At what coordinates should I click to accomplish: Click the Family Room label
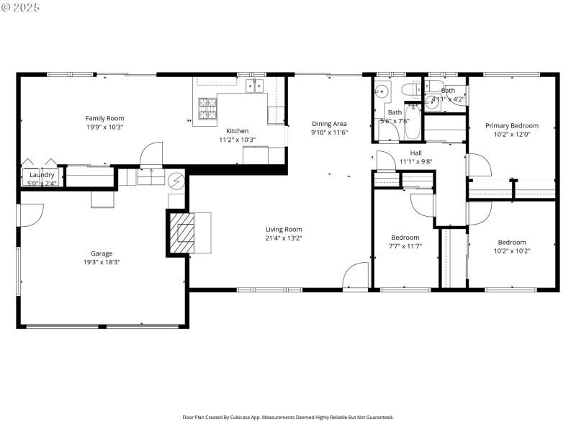[104, 118]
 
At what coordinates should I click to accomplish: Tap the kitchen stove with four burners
[207, 109]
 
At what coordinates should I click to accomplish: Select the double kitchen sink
[254, 86]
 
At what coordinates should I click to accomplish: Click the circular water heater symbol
[176, 179]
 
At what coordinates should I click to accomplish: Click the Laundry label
[42, 174]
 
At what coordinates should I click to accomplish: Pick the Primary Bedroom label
[511, 125]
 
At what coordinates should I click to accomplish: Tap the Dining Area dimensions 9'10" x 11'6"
[329, 132]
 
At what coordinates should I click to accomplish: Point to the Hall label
[416, 153]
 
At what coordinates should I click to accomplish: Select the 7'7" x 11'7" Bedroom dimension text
[405, 246]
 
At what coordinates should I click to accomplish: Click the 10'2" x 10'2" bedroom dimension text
[512, 251]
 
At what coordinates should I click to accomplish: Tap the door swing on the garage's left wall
[32, 215]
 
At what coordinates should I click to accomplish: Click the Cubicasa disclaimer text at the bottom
[288, 417]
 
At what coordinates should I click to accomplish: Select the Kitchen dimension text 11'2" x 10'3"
[238, 140]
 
